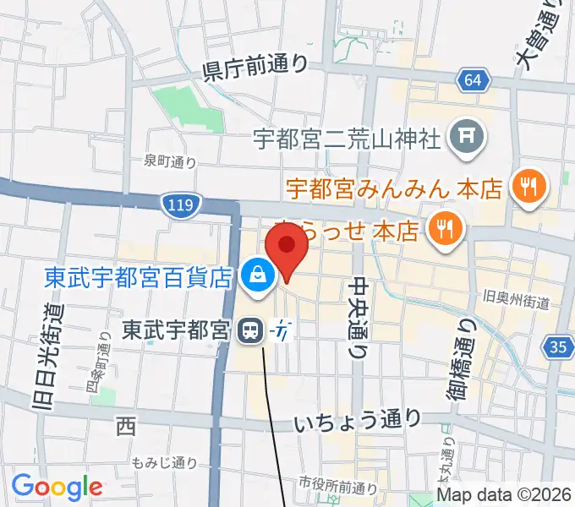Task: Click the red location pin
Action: (286, 247)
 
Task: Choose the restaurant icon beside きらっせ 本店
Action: (443, 226)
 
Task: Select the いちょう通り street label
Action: (358, 419)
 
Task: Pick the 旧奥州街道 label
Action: (516, 301)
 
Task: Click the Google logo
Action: (57, 487)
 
